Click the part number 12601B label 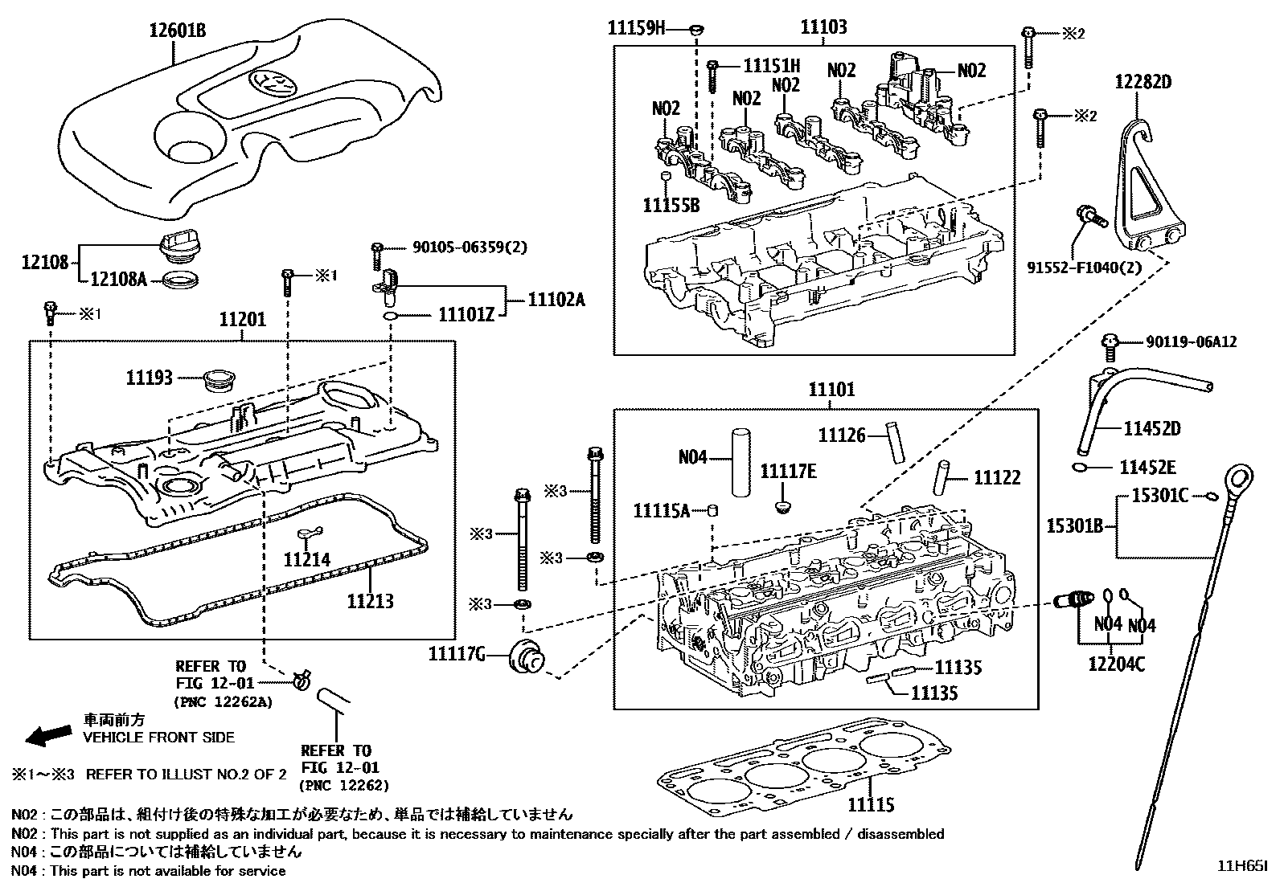tap(177, 31)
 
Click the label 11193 tap(149, 377)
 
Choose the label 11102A tap(556, 300)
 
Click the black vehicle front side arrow tap(47, 734)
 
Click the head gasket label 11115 tap(870, 805)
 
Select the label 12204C tap(1116, 664)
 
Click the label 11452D tap(1151, 429)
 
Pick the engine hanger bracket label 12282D tap(1143, 81)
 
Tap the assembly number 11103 tap(823, 27)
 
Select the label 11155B tap(671, 206)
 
